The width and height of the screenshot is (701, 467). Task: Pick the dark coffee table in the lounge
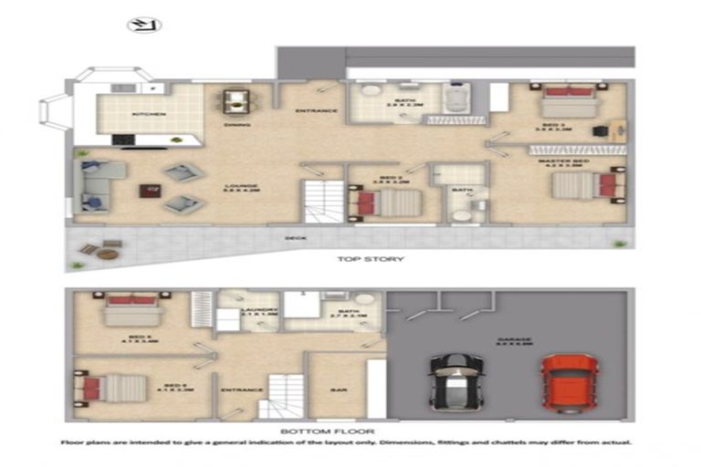(x=148, y=192)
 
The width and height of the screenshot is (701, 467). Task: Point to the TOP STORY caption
(x=371, y=260)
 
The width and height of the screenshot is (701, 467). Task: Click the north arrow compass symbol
(x=143, y=25)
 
